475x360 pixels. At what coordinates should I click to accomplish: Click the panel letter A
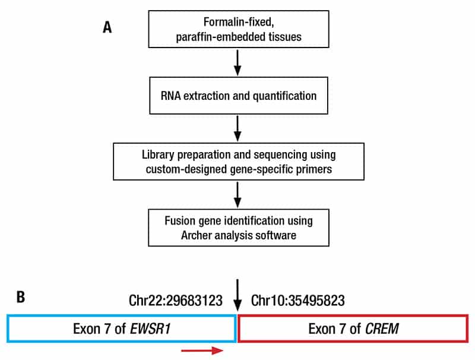tap(107, 28)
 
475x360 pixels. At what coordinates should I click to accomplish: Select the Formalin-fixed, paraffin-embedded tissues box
tap(237, 28)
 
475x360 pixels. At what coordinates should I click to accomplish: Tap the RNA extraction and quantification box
tap(237, 95)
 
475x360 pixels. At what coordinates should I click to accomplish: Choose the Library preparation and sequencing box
tap(237, 162)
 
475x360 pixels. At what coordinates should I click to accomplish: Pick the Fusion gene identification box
tap(237, 228)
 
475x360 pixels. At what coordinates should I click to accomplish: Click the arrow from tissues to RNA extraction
tap(237, 62)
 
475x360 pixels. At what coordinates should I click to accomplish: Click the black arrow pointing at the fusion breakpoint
tap(237, 294)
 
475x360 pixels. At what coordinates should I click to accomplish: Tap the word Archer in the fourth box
tap(191, 236)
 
